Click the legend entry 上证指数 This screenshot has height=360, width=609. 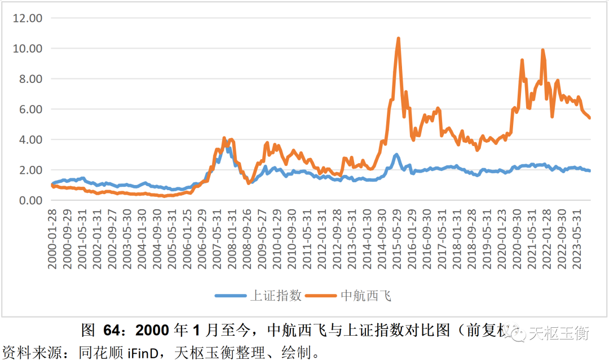(276, 296)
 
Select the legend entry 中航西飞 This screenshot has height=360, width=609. (366, 296)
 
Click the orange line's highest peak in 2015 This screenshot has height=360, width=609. (398, 39)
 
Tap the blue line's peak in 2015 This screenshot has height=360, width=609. (396, 154)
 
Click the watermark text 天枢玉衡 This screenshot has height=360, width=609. (558, 334)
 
